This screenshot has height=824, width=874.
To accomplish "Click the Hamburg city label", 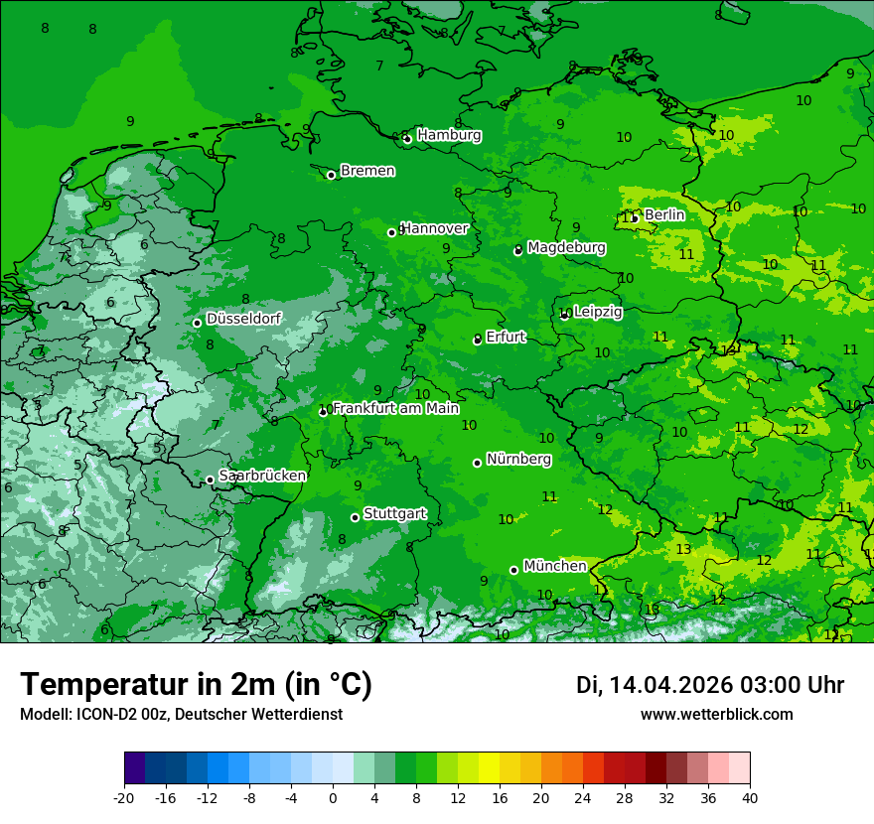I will pyautogui.click(x=449, y=135).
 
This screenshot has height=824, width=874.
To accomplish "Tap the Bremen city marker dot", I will pyautogui.click(x=332, y=175).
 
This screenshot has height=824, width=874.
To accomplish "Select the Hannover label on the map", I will pyautogui.click(x=434, y=228).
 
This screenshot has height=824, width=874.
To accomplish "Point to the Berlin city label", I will pyautogui.click(x=664, y=214).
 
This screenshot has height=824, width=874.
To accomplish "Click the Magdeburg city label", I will pyautogui.click(x=566, y=247).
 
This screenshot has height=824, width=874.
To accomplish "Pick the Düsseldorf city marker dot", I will pyautogui.click(x=198, y=323).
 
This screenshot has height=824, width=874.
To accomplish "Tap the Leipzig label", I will pyautogui.click(x=598, y=312).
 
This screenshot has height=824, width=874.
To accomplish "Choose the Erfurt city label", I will pyautogui.click(x=506, y=338).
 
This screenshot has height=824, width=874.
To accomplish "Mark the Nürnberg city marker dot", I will pyautogui.click(x=478, y=463).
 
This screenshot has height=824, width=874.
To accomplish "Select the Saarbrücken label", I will pyautogui.click(x=262, y=476).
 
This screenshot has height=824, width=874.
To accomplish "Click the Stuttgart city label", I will pyautogui.click(x=395, y=513).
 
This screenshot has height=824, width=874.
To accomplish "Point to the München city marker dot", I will pyautogui.click(x=514, y=570).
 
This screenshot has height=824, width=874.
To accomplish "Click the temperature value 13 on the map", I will pyautogui.click(x=683, y=549).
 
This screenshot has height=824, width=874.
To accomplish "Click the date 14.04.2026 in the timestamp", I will pyautogui.click(x=670, y=685).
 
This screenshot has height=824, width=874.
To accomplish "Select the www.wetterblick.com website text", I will pyautogui.click(x=716, y=714).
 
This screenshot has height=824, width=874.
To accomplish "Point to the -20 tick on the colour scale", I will pyautogui.click(x=124, y=797).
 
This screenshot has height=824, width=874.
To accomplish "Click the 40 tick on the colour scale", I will pyautogui.click(x=749, y=797).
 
